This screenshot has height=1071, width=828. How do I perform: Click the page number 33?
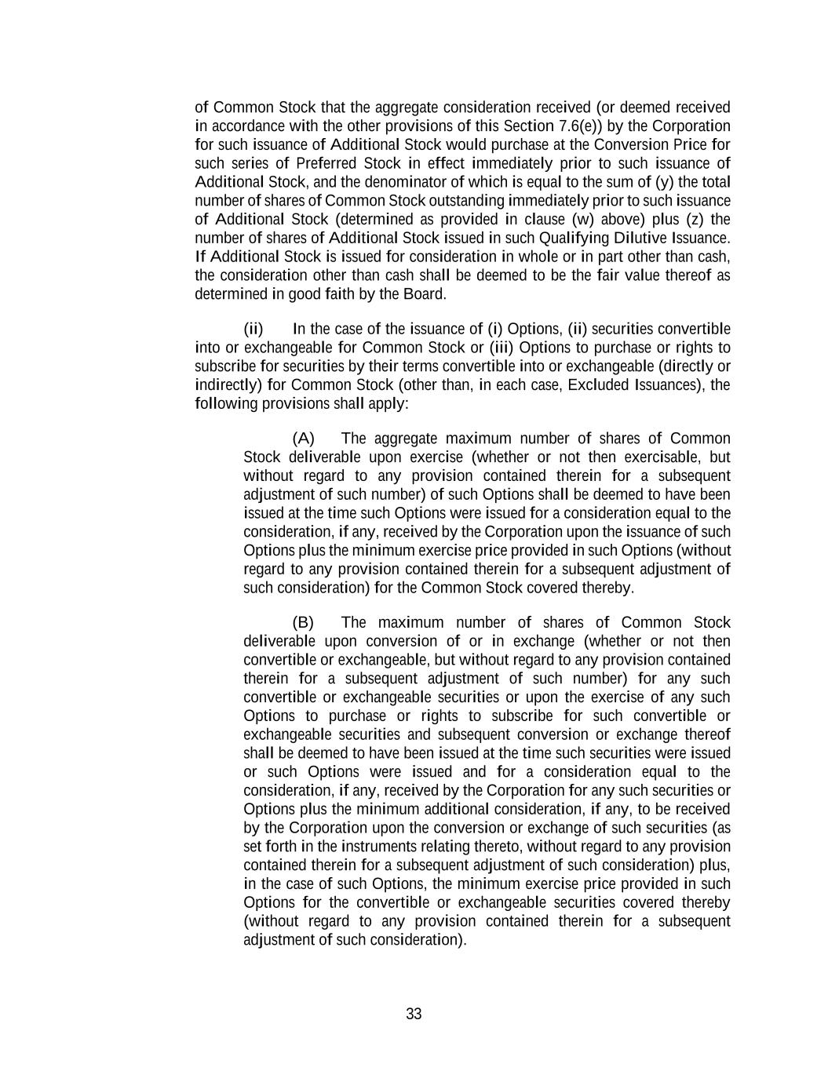[x=414, y=1014]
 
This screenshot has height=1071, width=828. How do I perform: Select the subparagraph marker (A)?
[x=303, y=438]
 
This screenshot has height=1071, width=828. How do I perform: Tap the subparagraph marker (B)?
[x=303, y=622]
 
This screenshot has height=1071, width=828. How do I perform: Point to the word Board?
[x=425, y=294]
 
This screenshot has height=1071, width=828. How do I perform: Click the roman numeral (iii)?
[x=502, y=348]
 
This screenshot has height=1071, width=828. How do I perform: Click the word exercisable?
[x=660, y=457]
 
